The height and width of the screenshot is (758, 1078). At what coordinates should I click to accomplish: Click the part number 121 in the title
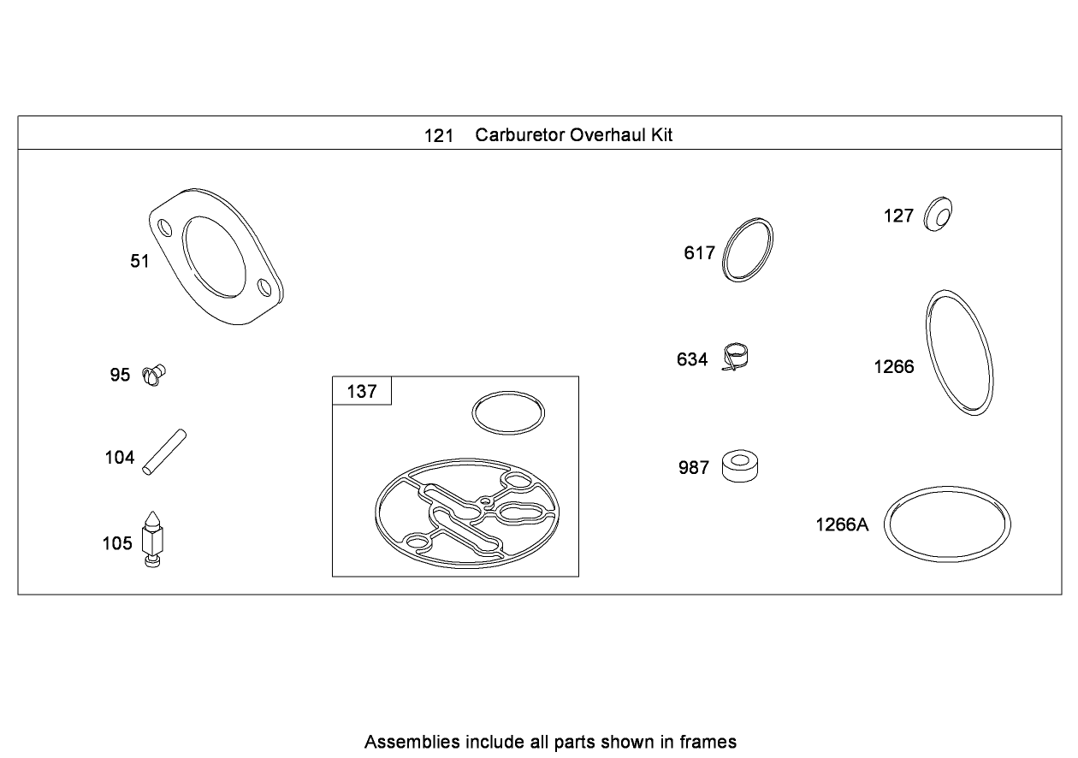click(438, 135)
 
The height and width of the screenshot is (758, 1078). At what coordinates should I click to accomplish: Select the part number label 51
click(139, 261)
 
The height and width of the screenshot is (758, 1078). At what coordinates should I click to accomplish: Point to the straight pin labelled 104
click(164, 451)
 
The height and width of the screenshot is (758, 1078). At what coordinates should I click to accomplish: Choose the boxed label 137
click(361, 391)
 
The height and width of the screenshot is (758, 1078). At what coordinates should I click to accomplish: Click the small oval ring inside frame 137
click(508, 413)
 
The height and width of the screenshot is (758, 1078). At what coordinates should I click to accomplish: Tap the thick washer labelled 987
click(741, 465)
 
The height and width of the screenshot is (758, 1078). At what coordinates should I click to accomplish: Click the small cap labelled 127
click(939, 213)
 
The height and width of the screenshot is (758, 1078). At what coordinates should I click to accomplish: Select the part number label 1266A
click(842, 524)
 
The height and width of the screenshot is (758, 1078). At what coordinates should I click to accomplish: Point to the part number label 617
click(699, 252)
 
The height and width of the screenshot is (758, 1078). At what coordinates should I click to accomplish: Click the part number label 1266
click(893, 367)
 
